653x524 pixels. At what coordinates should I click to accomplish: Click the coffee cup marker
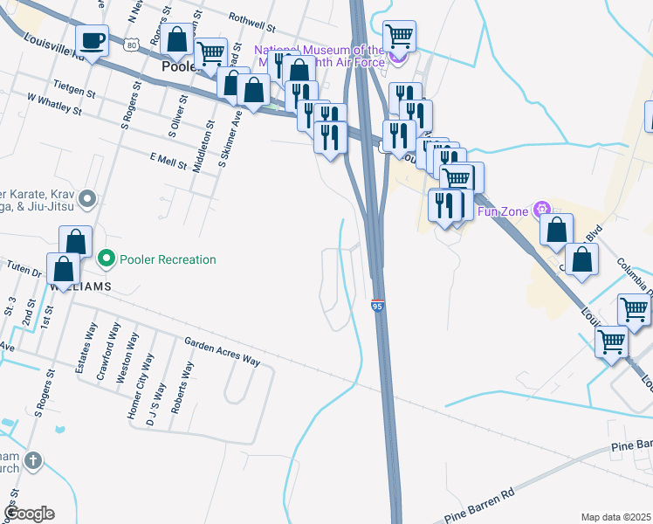pos(93,40)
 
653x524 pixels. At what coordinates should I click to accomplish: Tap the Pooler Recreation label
pos(168,259)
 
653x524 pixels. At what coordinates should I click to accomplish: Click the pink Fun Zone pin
pos(543,209)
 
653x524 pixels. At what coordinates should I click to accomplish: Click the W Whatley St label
pos(54,104)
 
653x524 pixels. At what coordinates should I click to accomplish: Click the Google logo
pos(29,514)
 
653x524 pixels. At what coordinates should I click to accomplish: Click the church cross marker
pos(32,460)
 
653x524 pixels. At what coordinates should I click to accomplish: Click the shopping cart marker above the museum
pos(399,37)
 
